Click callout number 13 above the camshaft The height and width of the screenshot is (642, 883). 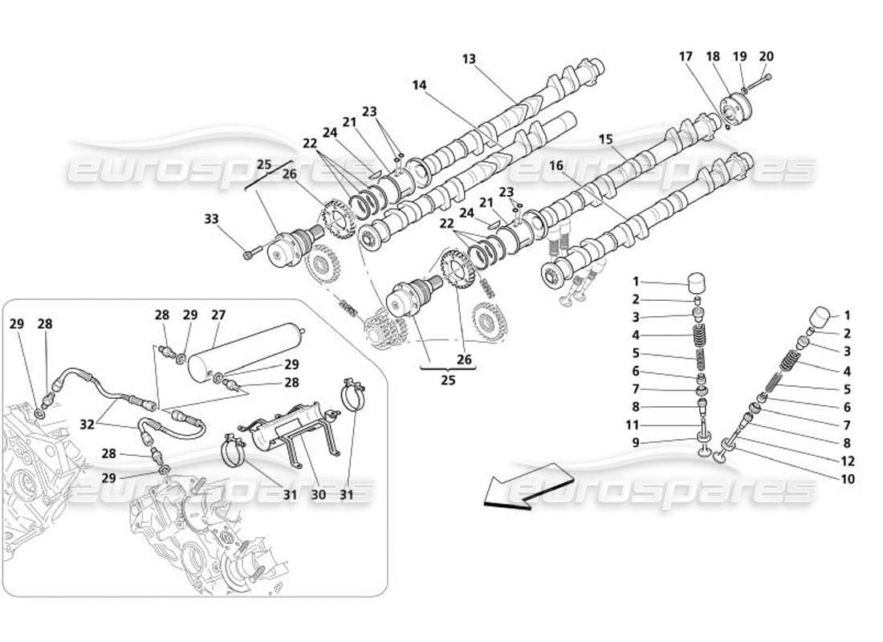pyautogui.click(x=470, y=59)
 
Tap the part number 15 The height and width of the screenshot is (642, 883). pyautogui.click(x=605, y=140)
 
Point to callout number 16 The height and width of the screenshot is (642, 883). pyautogui.click(x=555, y=166)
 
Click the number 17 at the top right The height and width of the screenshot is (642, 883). pyautogui.click(x=686, y=57)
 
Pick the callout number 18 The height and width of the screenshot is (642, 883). pyautogui.click(x=714, y=57)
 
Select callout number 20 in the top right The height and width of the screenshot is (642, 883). pyautogui.click(x=766, y=57)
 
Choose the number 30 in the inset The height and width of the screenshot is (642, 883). pyautogui.click(x=318, y=495)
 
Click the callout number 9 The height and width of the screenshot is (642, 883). pyautogui.click(x=636, y=442)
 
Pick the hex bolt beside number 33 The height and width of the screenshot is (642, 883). pyautogui.click(x=249, y=256)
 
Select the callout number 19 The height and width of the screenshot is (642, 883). pyautogui.click(x=739, y=57)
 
